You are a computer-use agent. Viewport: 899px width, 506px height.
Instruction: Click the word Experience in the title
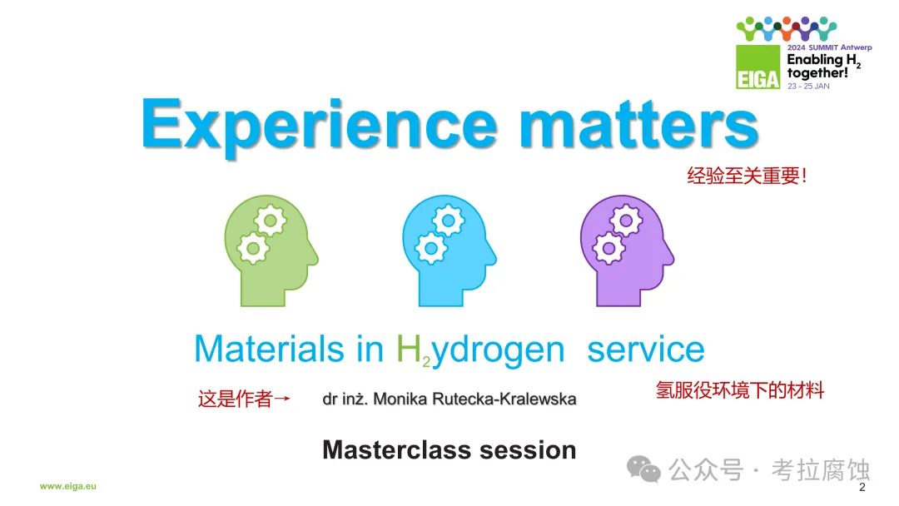coord(319,125)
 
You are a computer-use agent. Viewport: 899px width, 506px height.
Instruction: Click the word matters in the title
coord(638,124)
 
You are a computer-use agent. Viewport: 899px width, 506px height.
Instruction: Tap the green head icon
coord(271,251)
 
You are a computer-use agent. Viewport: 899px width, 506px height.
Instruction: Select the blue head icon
coord(449,251)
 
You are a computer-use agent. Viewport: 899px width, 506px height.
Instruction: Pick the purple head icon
coord(627,251)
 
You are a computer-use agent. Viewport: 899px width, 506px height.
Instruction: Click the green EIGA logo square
coord(758,67)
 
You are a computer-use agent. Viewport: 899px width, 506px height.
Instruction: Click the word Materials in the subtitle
coord(270,349)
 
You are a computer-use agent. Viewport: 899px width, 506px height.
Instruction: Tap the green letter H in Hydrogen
coord(408,349)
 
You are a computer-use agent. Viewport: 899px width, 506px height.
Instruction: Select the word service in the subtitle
coord(646,349)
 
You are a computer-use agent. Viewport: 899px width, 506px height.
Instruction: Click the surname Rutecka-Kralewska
coord(504,399)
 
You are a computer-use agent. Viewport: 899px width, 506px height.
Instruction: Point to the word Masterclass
coord(398,450)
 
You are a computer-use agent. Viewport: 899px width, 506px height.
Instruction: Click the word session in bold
coord(528,450)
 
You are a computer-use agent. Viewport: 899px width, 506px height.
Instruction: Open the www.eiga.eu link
coord(67,486)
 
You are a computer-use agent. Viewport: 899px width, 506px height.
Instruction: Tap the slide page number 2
coord(862,487)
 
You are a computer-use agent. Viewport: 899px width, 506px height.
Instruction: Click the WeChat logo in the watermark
coord(643,469)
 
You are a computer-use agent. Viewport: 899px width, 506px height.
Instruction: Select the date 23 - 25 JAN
coord(808,86)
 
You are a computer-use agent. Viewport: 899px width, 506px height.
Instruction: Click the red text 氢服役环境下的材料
coord(740,390)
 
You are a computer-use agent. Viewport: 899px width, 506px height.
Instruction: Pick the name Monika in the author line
coord(400,399)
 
